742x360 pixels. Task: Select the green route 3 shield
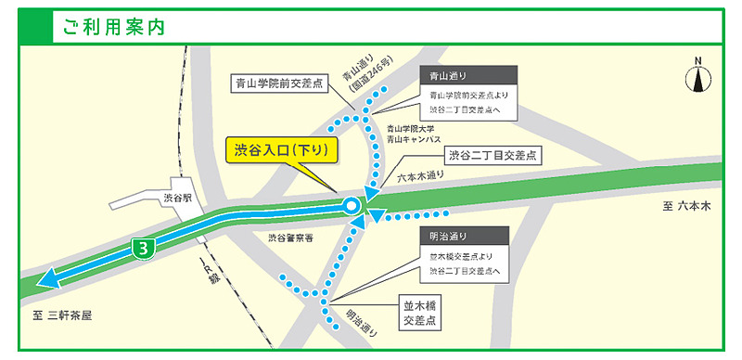(x=140, y=248)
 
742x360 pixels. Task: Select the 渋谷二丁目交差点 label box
(x=493, y=154)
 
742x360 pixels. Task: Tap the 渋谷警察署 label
(x=291, y=238)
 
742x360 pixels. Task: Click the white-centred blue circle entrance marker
(x=351, y=206)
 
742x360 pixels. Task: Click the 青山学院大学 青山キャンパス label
(x=412, y=133)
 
